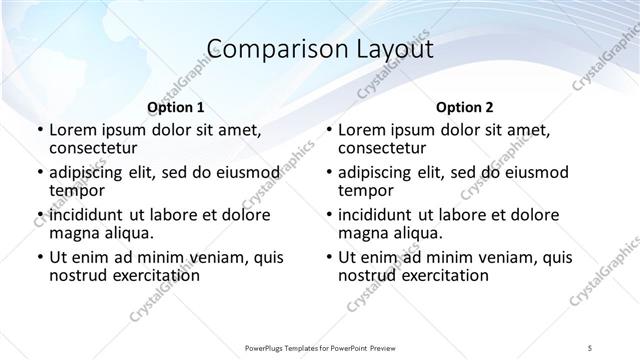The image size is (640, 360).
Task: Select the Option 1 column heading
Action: (x=175, y=107)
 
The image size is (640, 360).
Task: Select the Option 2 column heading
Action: (x=464, y=107)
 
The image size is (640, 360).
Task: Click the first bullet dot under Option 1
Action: (x=39, y=130)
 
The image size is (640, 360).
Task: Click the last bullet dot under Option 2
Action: (x=328, y=257)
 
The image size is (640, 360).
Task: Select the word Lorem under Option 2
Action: (x=360, y=130)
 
